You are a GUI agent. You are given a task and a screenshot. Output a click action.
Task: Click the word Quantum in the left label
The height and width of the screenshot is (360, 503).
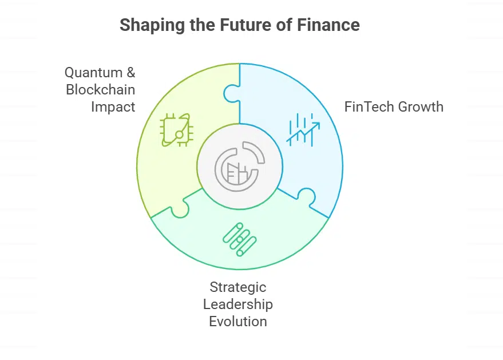tap(93, 73)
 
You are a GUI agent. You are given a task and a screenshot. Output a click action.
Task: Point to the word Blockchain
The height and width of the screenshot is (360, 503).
tap(100, 89)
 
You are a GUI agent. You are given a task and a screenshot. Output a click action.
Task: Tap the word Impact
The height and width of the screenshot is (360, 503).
tap(113, 107)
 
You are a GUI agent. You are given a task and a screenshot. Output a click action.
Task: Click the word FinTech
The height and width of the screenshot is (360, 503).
tap(367, 107)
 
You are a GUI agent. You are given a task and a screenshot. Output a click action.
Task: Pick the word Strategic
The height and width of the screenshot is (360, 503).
tap(237, 287)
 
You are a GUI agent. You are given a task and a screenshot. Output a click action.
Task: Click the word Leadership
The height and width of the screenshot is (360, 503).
tap(237, 304)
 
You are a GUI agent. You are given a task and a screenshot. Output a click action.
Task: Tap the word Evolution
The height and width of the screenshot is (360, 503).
tap(237, 321)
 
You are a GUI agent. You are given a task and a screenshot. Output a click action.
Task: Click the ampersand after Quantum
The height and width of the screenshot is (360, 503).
tap(130, 73)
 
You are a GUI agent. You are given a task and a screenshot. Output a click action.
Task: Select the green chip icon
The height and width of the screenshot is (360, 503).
tap(176, 130)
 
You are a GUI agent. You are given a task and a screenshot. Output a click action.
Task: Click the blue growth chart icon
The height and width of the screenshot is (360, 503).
tap(303, 129)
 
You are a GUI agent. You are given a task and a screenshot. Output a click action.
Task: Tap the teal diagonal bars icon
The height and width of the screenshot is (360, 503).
tap(240, 239)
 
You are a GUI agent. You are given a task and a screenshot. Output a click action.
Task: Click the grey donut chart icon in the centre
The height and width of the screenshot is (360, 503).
tap(240, 167)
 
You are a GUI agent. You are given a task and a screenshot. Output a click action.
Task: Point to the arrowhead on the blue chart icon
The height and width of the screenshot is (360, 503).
tap(316, 125)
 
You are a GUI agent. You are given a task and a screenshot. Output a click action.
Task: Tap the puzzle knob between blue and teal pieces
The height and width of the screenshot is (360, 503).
tap(307, 196)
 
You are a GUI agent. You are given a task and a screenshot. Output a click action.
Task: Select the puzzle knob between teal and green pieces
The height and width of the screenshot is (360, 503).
tap(180, 209)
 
